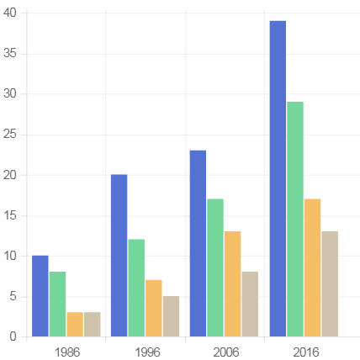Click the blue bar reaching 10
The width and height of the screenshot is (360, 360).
(40, 295)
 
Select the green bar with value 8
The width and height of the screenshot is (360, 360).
(57, 304)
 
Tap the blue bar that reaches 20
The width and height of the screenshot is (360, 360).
(119, 255)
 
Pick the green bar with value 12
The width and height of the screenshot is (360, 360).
(136, 288)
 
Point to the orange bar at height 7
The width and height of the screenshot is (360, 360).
(154, 308)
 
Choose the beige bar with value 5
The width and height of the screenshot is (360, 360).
(171, 316)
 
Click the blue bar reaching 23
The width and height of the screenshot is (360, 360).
(198, 243)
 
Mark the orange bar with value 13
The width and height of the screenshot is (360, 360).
(232, 283)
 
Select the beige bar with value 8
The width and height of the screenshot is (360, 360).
(250, 304)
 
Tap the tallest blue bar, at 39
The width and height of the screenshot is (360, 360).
(277, 178)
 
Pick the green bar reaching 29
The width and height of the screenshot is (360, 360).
(294, 219)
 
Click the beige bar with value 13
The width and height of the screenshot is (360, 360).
(329, 283)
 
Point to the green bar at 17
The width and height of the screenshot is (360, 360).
(215, 267)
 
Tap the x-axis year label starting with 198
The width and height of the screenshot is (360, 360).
(66, 352)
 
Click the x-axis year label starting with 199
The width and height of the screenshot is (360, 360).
(146, 352)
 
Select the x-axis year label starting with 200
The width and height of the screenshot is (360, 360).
(225, 352)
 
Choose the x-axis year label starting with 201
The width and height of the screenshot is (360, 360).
(304, 352)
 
